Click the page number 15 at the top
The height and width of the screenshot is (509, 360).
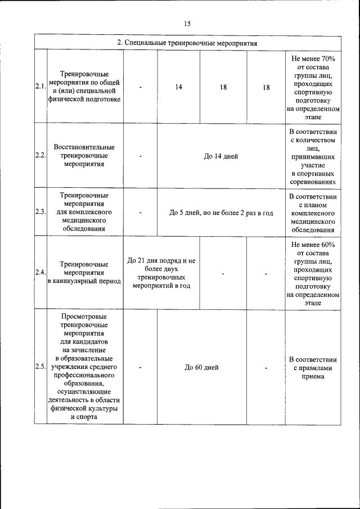pos(187,23)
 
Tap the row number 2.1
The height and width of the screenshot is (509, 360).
pos(40,87)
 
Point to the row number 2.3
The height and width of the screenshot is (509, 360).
pos(40,212)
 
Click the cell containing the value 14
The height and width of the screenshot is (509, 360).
pos(178,87)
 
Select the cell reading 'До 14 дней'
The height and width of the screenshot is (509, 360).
pos(220,156)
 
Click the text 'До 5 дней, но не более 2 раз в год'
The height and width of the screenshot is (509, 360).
pos(220,213)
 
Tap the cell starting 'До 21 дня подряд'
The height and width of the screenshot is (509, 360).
pos(161,273)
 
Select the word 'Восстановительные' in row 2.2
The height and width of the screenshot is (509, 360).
pos(84,147)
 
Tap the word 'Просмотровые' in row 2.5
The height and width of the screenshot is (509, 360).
pos(84,316)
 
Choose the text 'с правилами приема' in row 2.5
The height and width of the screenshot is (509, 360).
pos(313,372)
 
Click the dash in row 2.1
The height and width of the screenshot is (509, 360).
pos(140,87)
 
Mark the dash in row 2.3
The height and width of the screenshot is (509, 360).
pos(140,213)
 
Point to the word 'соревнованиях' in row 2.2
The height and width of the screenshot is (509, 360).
pos(313,182)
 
